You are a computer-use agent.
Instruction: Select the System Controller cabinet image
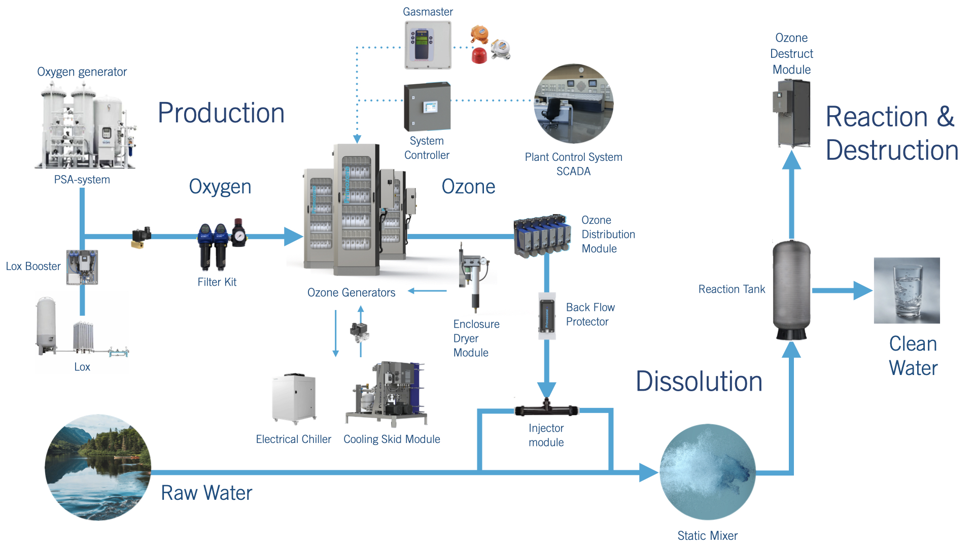click(x=427, y=107)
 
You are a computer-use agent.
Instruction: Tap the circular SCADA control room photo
click(x=574, y=104)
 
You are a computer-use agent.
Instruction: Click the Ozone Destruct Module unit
click(x=792, y=113)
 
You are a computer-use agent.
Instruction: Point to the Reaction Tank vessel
click(x=791, y=290)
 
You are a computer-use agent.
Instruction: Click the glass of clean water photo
click(x=907, y=290)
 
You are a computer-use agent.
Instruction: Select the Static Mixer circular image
click(x=708, y=472)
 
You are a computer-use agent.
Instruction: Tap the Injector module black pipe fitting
click(x=546, y=409)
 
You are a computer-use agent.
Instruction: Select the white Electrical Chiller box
click(x=294, y=399)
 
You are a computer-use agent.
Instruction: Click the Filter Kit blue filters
click(x=214, y=247)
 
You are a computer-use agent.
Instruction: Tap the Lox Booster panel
click(x=82, y=267)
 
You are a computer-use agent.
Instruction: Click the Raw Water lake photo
click(x=98, y=467)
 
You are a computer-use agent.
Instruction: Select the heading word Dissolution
click(x=699, y=382)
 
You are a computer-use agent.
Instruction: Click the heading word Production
click(x=221, y=113)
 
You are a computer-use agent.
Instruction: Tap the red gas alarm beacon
click(x=479, y=55)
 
